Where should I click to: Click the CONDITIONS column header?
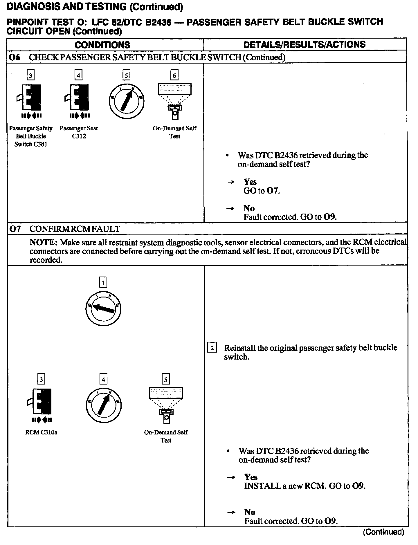click(102, 45)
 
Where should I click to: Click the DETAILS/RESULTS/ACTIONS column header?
click(305, 44)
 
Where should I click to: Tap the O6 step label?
click(15, 57)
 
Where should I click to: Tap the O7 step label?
click(15, 229)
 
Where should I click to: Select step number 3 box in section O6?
click(30, 75)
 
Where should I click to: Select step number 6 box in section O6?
click(174, 75)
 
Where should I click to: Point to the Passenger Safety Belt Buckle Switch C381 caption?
click(31, 136)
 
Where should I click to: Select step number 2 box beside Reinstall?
click(212, 348)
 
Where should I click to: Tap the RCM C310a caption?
click(41, 432)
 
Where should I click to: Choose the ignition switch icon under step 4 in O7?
click(104, 405)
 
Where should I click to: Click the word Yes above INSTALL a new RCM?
click(251, 477)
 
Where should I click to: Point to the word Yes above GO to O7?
click(250, 182)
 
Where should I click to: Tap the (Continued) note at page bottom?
click(383, 532)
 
